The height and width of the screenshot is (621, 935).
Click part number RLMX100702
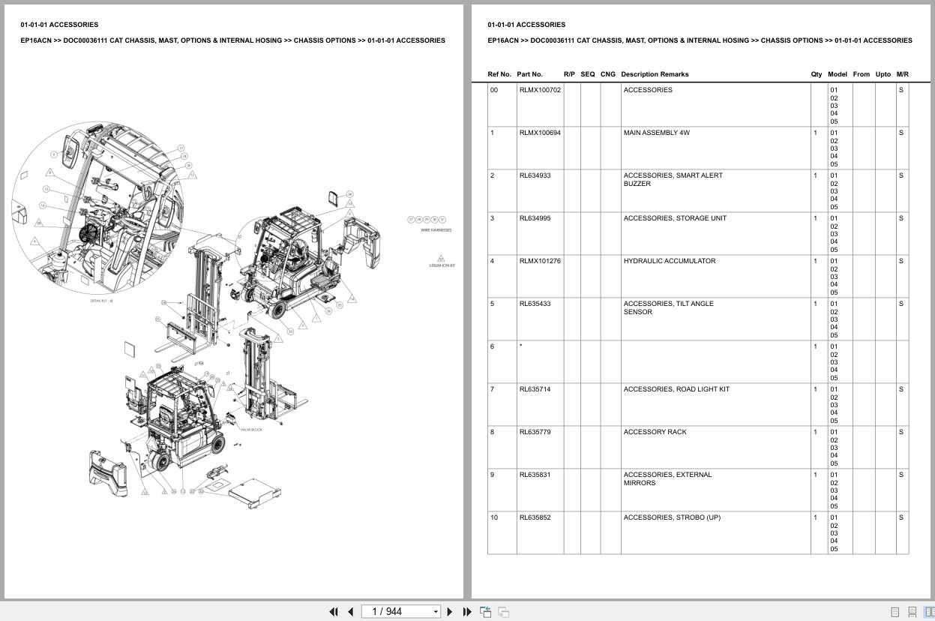(540, 90)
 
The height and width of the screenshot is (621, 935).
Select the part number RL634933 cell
(535, 175)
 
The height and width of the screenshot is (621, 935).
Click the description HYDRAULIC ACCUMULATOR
(669, 261)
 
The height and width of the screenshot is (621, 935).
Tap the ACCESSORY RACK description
(655, 432)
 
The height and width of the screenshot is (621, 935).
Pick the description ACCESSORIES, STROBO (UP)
(672, 517)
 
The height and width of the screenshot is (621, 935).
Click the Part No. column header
(529, 74)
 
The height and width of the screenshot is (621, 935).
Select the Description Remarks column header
(654, 74)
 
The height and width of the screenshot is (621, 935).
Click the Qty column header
(816, 74)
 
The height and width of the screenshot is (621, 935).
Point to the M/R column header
(902, 74)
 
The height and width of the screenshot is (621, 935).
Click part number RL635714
(535, 389)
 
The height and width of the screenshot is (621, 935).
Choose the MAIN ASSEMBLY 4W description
(656, 133)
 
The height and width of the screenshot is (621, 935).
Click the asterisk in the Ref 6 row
(520, 346)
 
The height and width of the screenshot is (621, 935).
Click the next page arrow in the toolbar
(450, 611)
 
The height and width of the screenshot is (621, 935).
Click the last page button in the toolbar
(466, 611)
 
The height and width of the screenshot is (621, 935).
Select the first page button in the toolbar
(334, 611)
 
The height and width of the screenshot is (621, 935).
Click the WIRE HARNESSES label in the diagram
(436, 230)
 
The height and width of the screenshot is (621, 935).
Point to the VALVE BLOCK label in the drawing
(250, 430)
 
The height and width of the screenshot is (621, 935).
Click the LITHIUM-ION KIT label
(442, 265)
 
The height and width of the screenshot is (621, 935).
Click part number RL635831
(535, 475)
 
